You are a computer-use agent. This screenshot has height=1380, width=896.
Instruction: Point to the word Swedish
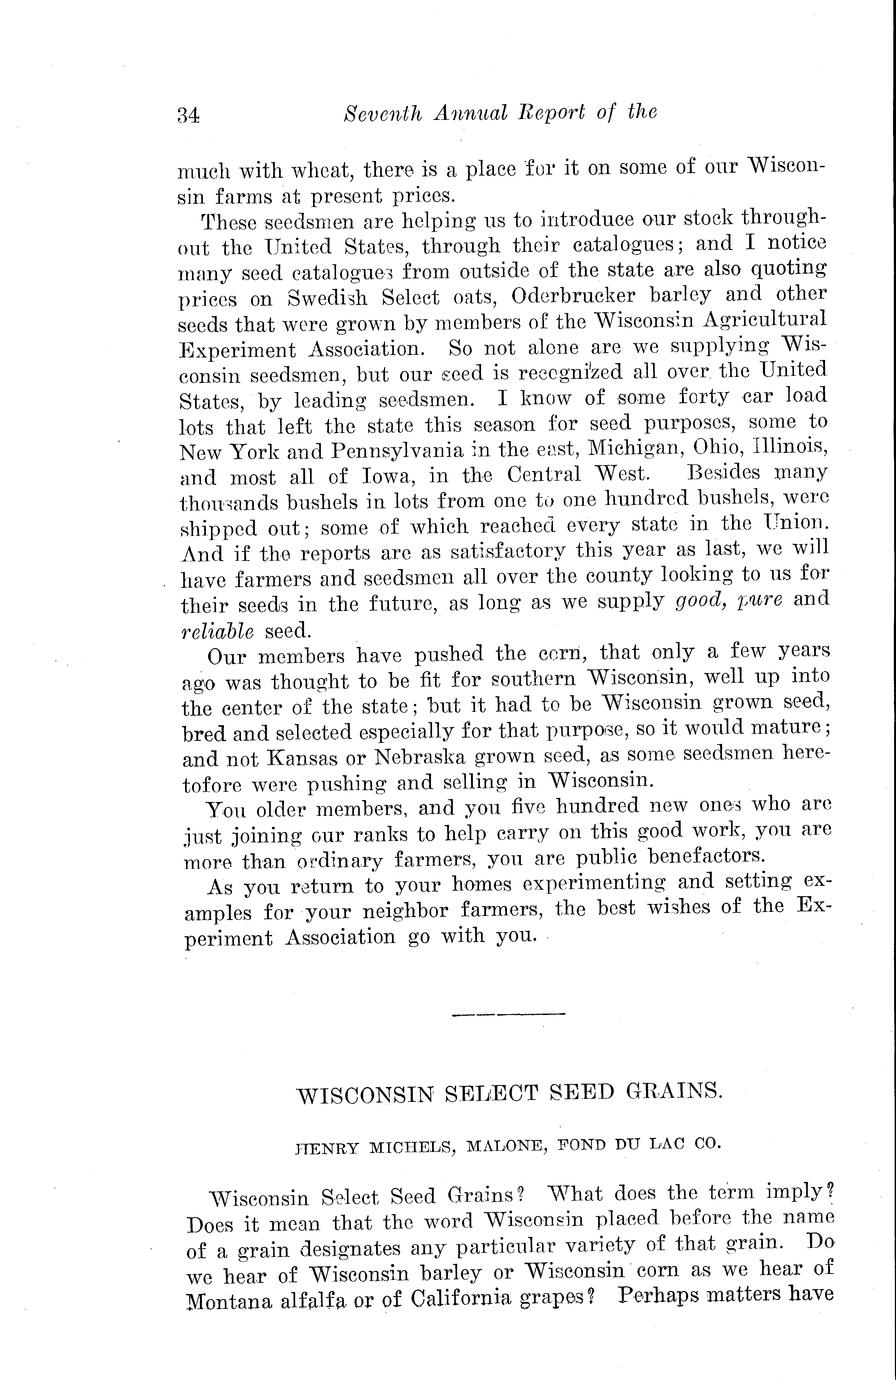click(x=323, y=295)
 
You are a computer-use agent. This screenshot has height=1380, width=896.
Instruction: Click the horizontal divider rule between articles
click(x=509, y=1014)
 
